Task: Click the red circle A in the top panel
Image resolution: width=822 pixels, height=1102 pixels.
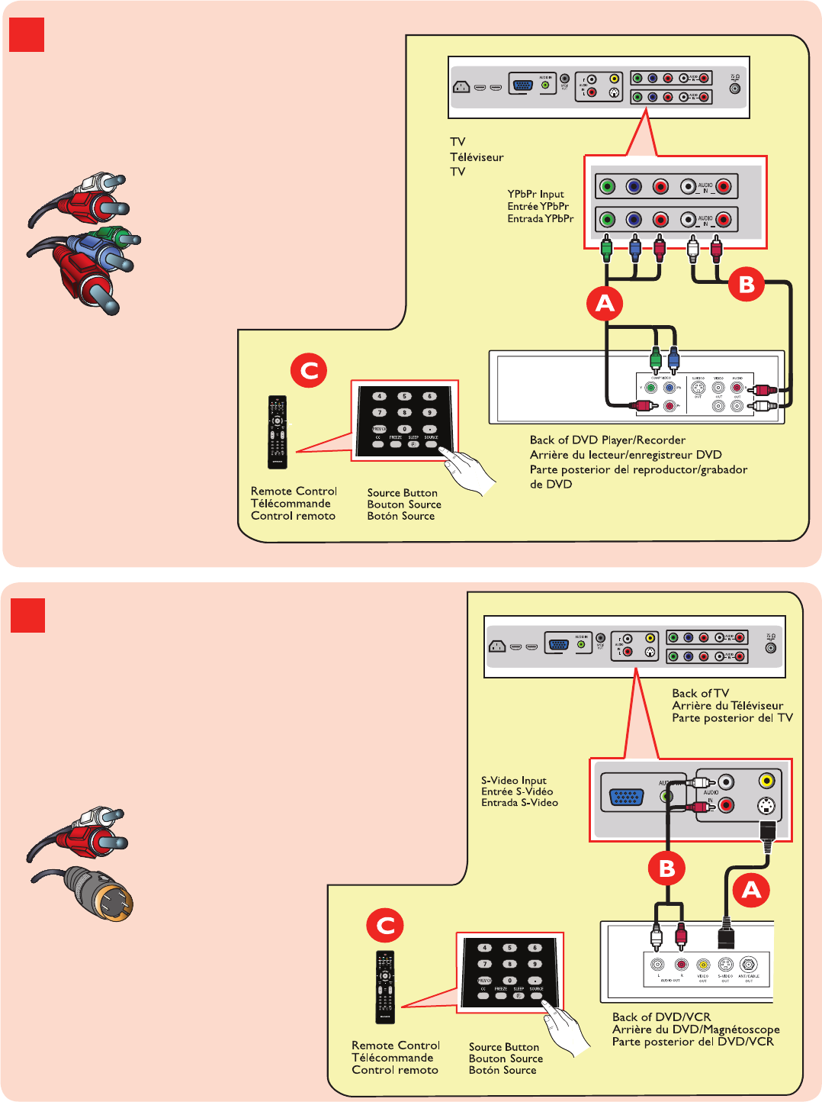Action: pyautogui.click(x=605, y=304)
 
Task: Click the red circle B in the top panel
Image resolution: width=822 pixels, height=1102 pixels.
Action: pyautogui.click(x=747, y=285)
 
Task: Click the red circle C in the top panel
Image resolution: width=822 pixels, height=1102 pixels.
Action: pyautogui.click(x=309, y=371)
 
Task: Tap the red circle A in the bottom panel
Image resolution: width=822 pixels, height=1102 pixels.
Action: pyautogui.click(x=751, y=890)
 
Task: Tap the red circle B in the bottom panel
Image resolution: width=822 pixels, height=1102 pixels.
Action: pyautogui.click(x=667, y=868)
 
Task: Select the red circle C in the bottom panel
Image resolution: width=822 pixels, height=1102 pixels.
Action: pyautogui.click(x=386, y=926)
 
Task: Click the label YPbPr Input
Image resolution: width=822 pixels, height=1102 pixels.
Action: pyautogui.click(x=536, y=194)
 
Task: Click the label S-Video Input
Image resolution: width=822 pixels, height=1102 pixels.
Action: pyautogui.click(x=514, y=780)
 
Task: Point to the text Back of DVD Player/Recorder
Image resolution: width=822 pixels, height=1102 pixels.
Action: pyautogui.click(x=608, y=440)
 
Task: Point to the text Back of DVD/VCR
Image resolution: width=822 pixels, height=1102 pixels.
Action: pyautogui.click(x=661, y=1017)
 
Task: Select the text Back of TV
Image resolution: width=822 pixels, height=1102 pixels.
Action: pyautogui.click(x=700, y=693)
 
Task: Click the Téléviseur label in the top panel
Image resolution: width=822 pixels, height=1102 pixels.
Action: pyautogui.click(x=477, y=157)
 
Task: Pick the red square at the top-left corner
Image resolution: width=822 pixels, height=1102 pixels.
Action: pyautogui.click(x=27, y=35)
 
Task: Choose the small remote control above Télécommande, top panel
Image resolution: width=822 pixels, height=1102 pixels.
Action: pyautogui.click(x=278, y=432)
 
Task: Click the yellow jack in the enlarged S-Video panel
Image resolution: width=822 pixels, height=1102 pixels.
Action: pyautogui.click(x=766, y=781)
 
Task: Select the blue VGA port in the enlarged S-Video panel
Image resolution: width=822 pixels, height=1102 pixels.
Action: pyautogui.click(x=626, y=797)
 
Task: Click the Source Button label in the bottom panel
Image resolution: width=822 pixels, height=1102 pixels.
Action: pyautogui.click(x=504, y=1047)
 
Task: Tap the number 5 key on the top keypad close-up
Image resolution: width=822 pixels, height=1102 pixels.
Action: pyautogui.click(x=404, y=396)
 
